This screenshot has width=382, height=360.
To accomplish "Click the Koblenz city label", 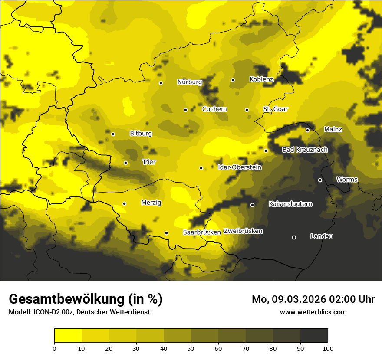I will tap(261, 79).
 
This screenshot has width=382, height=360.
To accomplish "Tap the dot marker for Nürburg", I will tap(161, 83).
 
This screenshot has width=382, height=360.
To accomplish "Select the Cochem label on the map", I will tap(214, 109).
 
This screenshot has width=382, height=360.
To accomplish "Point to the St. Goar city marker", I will tap(247, 110).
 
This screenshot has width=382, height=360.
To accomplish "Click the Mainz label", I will tap(333, 129).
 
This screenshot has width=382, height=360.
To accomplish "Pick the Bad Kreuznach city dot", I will tap(266, 151).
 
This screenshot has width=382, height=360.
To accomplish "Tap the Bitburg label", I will tap(141, 134).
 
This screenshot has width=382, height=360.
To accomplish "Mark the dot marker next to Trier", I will tap(125, 163).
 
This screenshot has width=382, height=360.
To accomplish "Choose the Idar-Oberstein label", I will tap(239, 167).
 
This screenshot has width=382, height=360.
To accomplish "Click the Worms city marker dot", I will tap(320, 180).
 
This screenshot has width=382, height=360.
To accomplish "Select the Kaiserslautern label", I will tap(290, 203).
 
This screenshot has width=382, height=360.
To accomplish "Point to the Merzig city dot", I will tap(124, 203).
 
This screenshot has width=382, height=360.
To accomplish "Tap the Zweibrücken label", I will tap(243, 231).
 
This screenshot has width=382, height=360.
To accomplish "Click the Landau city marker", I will tap(294, 237).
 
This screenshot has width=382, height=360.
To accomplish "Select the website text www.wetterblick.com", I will tap(313, 312).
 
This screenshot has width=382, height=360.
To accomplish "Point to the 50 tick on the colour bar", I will tap(191, 348).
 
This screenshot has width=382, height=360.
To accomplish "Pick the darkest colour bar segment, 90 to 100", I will tap(314, 335).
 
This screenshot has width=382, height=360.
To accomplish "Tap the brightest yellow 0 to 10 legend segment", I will tap(68, 335).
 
